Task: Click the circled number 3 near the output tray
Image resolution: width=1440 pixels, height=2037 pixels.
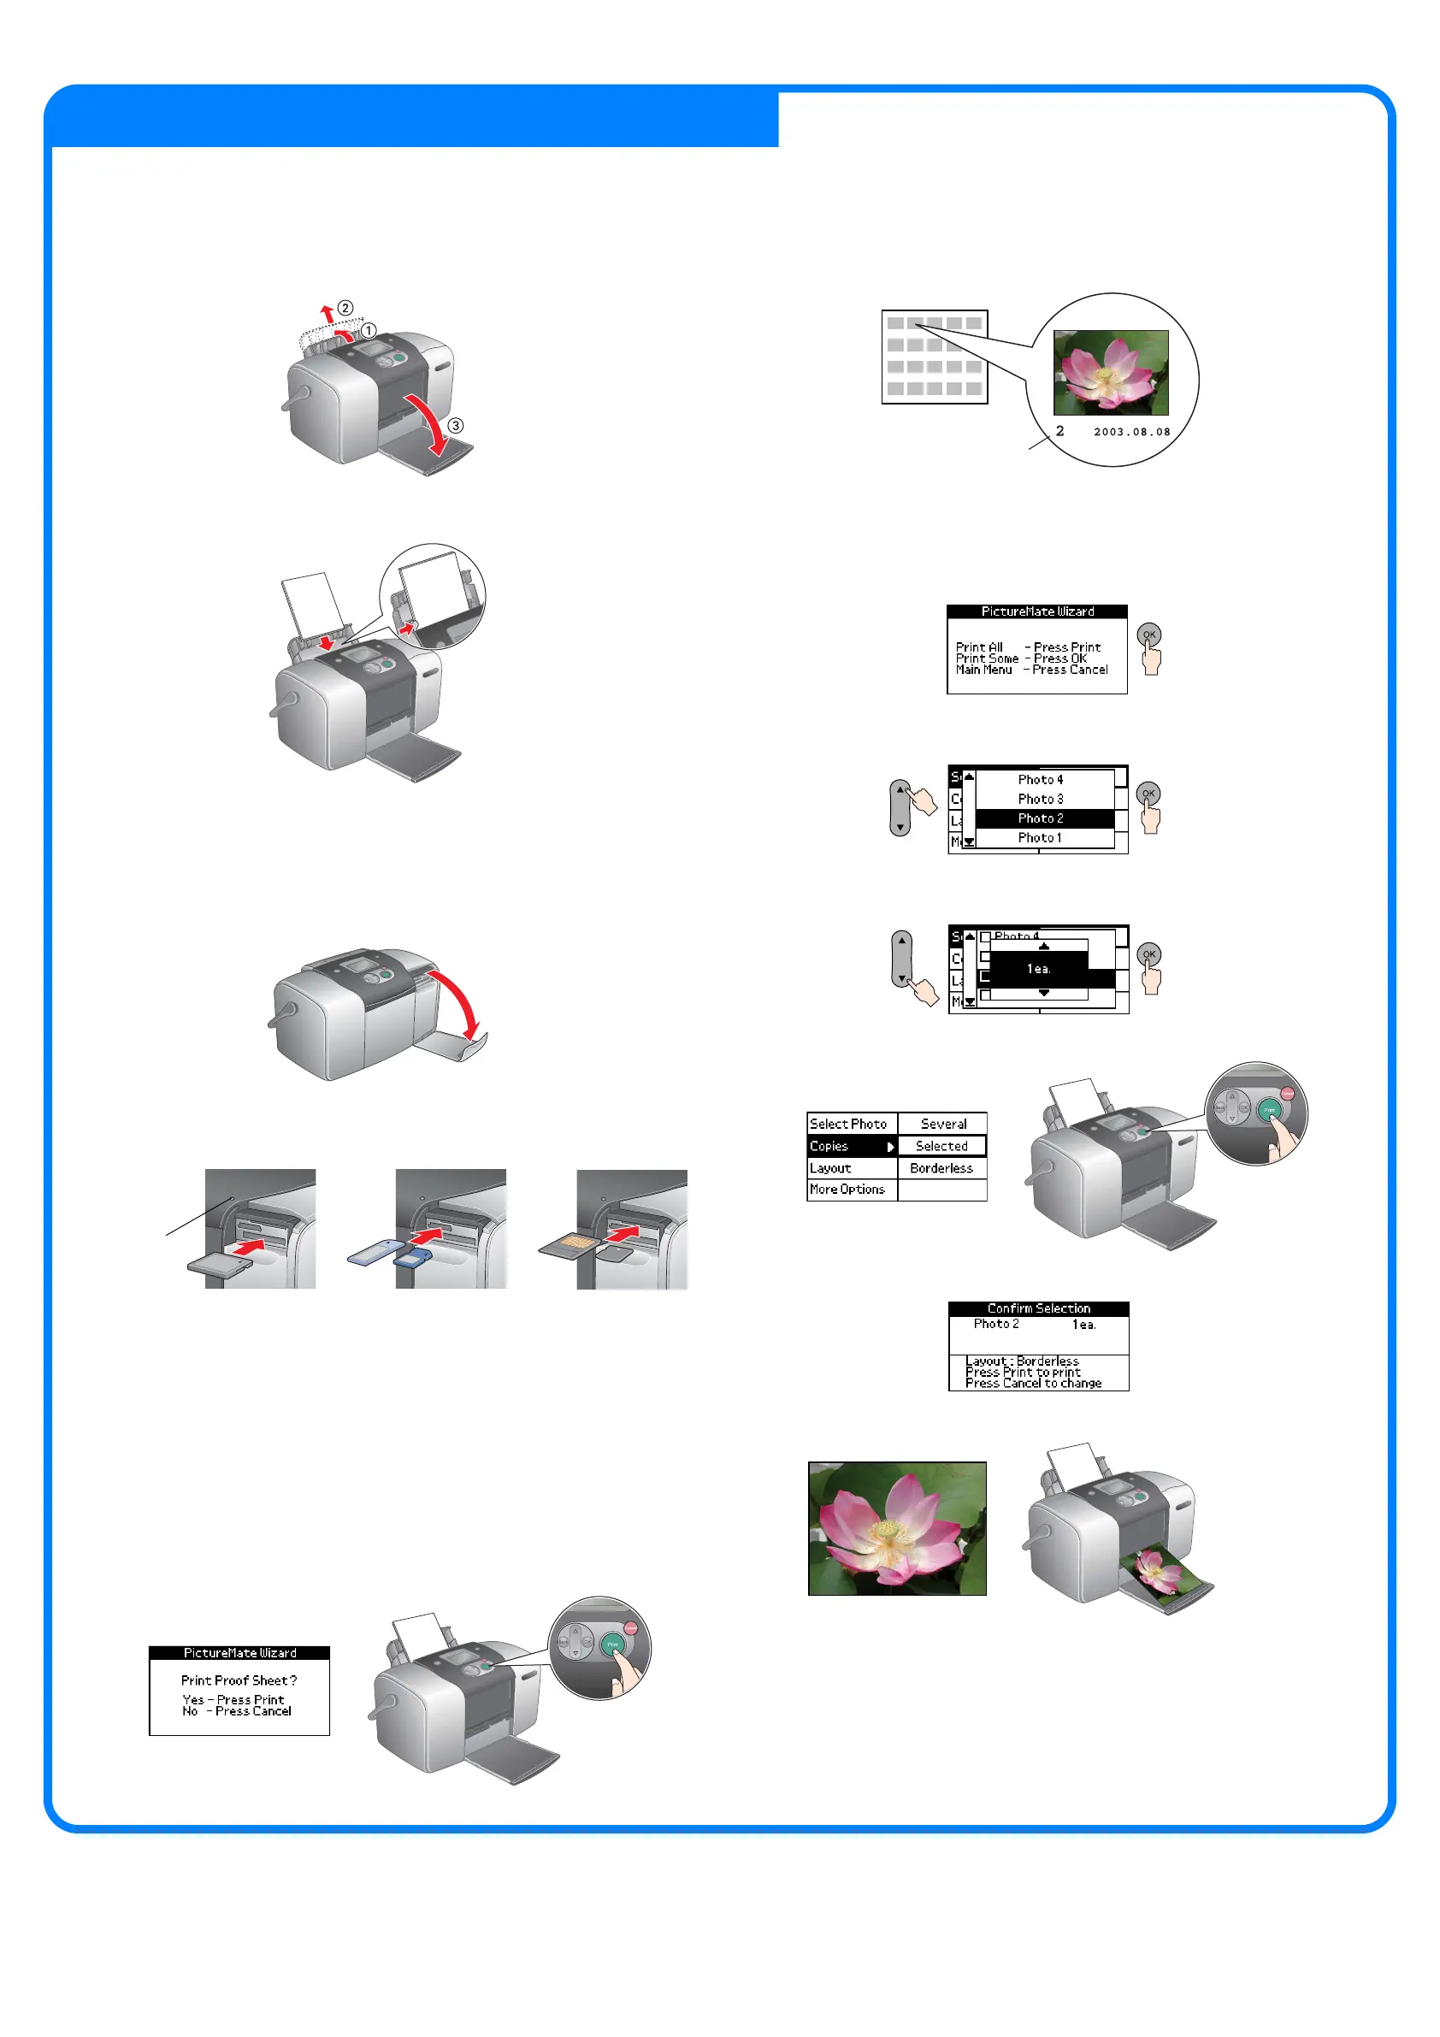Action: tap(455, 426)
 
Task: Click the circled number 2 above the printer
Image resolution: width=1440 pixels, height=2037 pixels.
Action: tap(345, 308)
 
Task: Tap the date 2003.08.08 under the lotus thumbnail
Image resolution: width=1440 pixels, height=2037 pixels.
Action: tap(1131, 432)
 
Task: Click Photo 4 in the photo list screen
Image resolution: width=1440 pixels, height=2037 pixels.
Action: tap(1040, 780)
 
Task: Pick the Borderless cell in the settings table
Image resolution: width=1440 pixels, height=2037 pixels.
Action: tap(941, 1168)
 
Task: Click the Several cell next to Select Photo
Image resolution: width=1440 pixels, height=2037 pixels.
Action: tap(942, 1124)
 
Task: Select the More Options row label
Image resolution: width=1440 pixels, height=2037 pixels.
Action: tap(847, 1190)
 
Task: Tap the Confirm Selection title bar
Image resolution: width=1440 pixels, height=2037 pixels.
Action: tap(1038, 1308)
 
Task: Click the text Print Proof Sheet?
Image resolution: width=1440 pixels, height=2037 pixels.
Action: tap(239, 1680)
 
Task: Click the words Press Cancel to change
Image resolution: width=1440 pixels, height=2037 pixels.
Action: tap(1033, 1383)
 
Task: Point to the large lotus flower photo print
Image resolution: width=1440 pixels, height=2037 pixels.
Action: tap(897, 1529)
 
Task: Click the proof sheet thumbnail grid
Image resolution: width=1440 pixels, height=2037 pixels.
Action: tap(934, 357)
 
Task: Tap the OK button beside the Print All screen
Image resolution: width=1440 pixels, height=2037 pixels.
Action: tap(1149, 635)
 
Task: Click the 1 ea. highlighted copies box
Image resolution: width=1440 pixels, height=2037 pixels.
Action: tap(1039, 969)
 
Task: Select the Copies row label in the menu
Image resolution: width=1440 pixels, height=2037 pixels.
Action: tap(829, 1146)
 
